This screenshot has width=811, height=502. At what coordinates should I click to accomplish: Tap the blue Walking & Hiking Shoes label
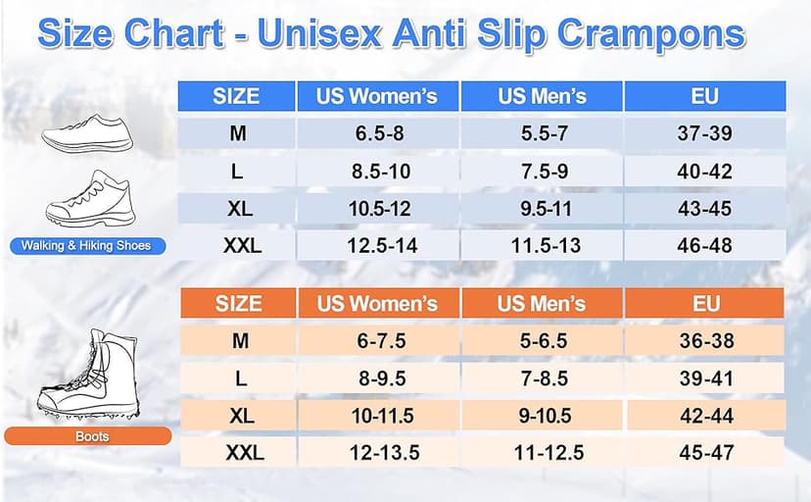[86, 245]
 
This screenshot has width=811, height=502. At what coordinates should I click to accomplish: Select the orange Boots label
[91, 436]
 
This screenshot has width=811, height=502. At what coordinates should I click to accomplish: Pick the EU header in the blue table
[704, 96]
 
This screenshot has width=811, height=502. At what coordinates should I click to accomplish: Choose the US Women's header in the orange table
[377, 304]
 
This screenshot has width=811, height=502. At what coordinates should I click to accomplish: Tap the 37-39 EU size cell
[704, 133]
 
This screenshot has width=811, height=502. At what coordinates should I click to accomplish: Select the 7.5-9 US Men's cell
[541, 171]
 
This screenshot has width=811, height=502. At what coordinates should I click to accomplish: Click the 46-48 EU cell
[704, 245]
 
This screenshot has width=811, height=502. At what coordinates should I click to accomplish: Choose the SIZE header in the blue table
[236, 96]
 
